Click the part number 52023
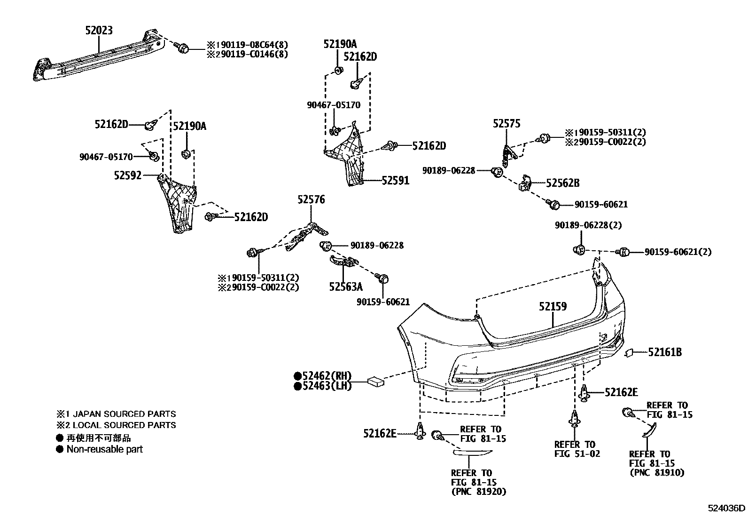pos(99,31)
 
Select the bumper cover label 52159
pos(553,307)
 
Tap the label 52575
pos(506,124)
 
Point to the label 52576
pos(311,200)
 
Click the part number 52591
pos(395,181)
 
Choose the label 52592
pos(127,175)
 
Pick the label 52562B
pos(562,183)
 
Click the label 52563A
pos(346,286)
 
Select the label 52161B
pos(665,352)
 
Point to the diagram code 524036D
pos(727,508)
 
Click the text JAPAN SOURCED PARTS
pos(122,414)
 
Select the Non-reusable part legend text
pos(104,449)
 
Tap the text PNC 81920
pos(479,492)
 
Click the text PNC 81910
pos(657,473)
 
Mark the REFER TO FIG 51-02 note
pos(577,449)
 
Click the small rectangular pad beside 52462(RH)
pos(377,381)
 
